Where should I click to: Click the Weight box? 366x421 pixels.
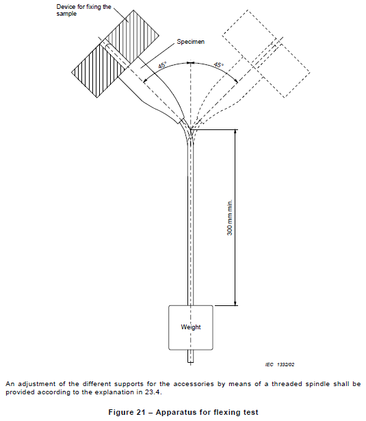click(x=190, y=328)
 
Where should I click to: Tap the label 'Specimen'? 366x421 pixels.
click(x=190, y=42)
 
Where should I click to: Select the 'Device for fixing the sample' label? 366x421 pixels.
click(x=83, y=10)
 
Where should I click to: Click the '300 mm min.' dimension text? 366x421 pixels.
click(x=230, y=218)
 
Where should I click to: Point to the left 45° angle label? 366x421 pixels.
click(x=162, y=65)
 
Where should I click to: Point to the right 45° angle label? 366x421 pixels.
click(x=218, y=65)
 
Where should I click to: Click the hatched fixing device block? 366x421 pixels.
click(x=116, y=53)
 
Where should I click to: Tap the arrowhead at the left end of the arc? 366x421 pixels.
click(x=145, y=80)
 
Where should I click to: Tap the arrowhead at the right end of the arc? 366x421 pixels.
click(x=235, y=81)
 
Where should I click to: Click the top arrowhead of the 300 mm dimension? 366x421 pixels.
click(x=235, y=132)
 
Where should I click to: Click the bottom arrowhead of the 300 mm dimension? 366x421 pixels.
click(x=235, y=303)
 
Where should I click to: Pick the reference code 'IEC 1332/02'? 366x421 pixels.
click(x=280, y=364)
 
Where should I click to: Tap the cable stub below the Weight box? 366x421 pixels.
click(x=190, y=356)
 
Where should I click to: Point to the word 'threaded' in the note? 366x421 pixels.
click(x=284, y=384)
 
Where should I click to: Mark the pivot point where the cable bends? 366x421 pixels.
click(x=190, y=129)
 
